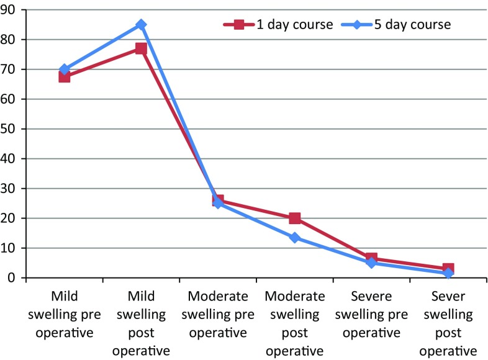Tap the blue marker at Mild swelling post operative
[141, 25]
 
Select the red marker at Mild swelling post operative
[141, 48]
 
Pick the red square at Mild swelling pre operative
[64, 76]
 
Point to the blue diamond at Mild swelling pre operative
[64, 70]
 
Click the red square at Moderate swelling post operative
[294, 218]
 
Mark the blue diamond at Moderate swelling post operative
[294, 238]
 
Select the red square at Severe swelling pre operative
[371, 258]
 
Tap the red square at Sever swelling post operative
[448, 269]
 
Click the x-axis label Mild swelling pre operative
[64, 314]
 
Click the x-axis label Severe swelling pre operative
[371, 314]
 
